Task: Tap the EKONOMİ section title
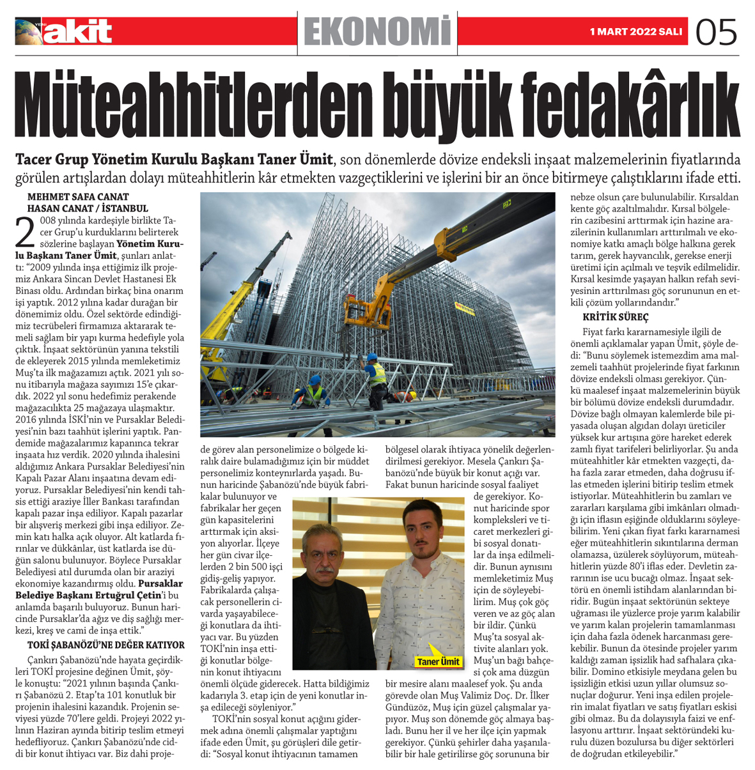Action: [x=378, y=31]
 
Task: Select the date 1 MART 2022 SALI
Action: [x=635, y=31]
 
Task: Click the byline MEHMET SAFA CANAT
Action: [x=78, y=197]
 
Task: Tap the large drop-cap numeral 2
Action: [x=24, y=233]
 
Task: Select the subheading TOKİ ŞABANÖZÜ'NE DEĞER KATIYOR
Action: [x=105, y=645]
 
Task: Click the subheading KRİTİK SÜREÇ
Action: [x=615, y=317]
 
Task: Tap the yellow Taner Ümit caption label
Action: [x=438, y=661]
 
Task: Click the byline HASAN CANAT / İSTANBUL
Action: [x=87, y=208]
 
